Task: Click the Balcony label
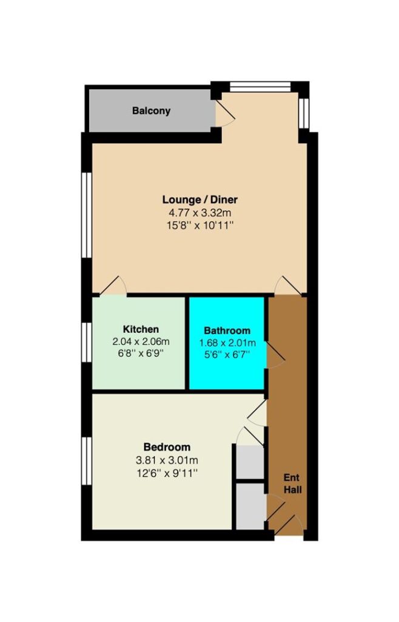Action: [151, 111]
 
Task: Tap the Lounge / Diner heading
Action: [200, 199]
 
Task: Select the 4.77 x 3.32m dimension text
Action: [200, 213]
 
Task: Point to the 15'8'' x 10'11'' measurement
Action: [200, 226]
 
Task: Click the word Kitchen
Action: [141, 329]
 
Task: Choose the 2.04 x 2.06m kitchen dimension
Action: [141, 341]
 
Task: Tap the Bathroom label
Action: [227, 330]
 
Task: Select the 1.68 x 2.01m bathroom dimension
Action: [227, 343]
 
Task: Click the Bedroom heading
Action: [167, 447]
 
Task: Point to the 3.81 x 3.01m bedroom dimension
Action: [167, 460]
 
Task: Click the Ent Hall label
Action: [292, 484]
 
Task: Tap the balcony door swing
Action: [225, 114]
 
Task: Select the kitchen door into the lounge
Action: [113, 285]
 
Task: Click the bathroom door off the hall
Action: [276, 355]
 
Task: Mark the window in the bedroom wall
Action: [87, 461]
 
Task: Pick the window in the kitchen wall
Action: [87, 342]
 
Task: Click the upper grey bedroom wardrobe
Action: [250, 462]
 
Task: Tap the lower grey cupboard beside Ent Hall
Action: [251, 506]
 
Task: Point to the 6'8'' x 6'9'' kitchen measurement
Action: [141, 353]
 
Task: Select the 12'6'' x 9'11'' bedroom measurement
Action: [167, 473]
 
